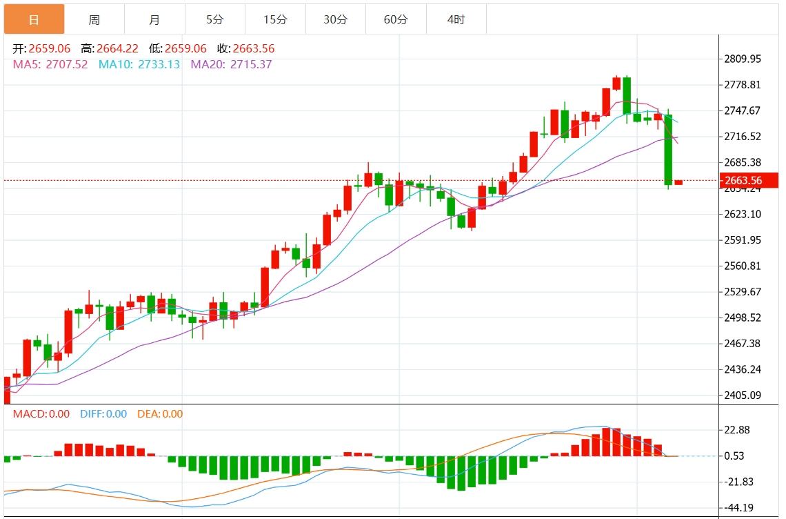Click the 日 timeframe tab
coord(34,19)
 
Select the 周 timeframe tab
coord(94,19)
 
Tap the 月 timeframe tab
coord(154,19)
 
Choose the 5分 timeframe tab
coord(214,19)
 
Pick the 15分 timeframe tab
coord(275,19)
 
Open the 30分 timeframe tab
coord(336,19)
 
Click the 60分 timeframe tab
coord(396,19)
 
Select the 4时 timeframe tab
coord(456,19)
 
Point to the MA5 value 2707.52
coord(65,64)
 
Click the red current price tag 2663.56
coord(743,181)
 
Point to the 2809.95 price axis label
coord(742,59)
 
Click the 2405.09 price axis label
coord(742,395)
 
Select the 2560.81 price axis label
coord(742,266)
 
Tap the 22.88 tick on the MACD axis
coord(736,430)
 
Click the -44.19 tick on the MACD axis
coord(736,507)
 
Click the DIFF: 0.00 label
coord(103,414)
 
